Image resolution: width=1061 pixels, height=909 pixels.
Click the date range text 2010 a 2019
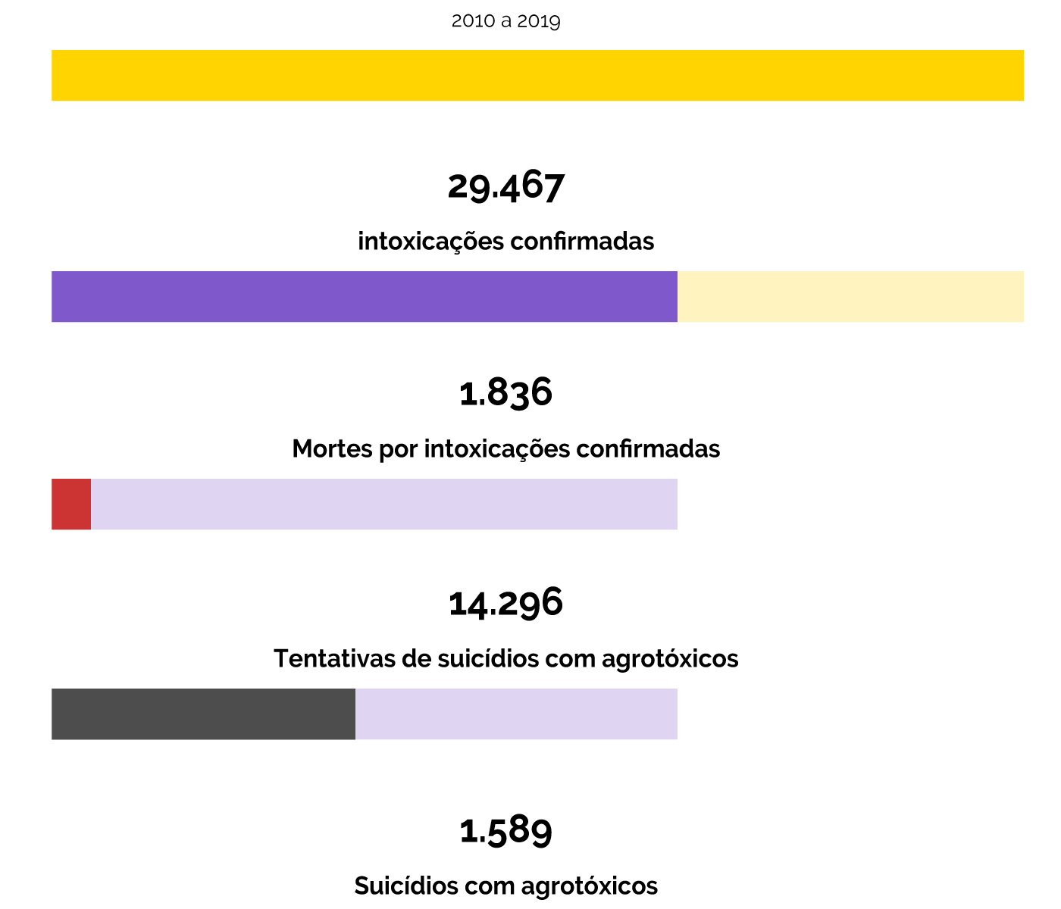tap(505, 21)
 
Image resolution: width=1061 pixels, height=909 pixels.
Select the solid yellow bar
tap(537, 75)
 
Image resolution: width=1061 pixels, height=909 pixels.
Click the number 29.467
tap(505, 186)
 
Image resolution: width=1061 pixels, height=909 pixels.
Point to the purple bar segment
tap(364, 296)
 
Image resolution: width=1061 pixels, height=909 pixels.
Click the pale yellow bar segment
tap(850, 296)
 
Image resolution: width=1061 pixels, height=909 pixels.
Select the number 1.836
tap(505, 392)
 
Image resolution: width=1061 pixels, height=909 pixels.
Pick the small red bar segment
tap(71, 504)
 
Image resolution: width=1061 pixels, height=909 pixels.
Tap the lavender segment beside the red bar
tap(383, 504)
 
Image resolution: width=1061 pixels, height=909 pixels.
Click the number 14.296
tap(505, 603)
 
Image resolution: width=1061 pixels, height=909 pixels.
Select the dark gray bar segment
tap(203, 714)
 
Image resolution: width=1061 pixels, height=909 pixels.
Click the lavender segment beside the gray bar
tap(516, 714)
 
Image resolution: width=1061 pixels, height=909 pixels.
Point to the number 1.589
tap(505, 829)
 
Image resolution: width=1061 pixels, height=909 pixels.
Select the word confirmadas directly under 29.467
tap(582, 242)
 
